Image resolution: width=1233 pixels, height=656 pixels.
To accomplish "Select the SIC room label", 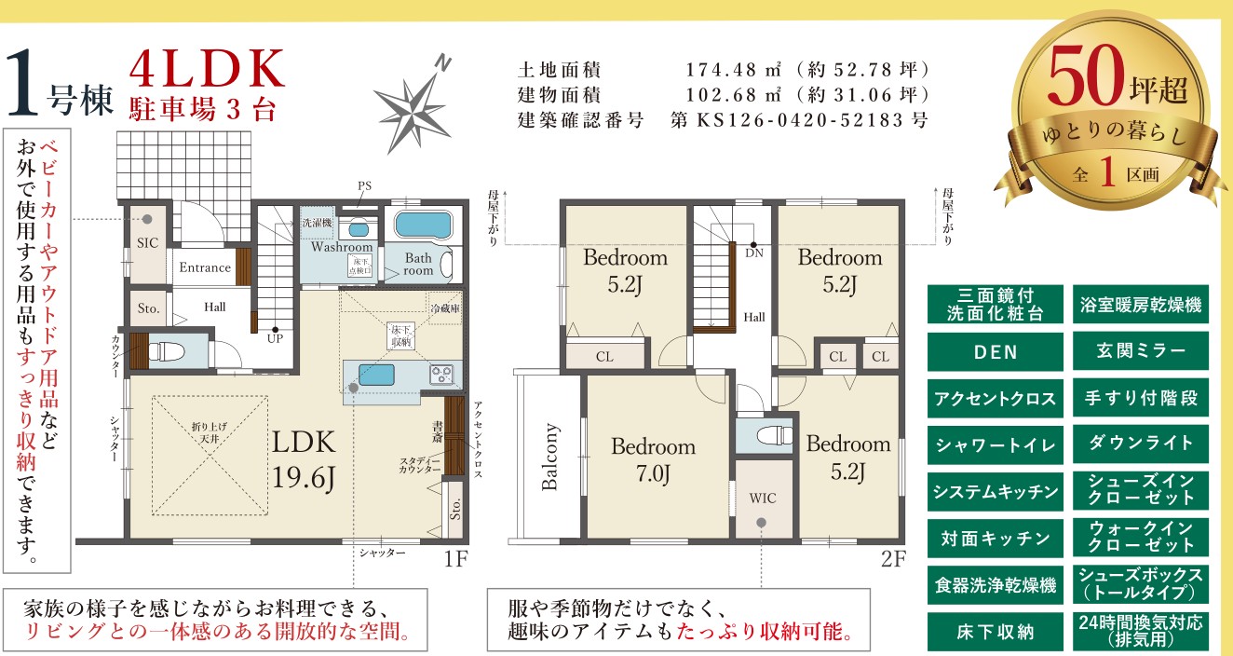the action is click(147, 243).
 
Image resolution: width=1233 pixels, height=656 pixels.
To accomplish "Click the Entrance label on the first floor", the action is click(205, 267).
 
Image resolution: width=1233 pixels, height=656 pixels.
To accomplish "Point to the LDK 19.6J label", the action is click(304, 460).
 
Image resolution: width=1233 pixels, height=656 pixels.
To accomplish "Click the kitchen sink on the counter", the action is click(376, 376).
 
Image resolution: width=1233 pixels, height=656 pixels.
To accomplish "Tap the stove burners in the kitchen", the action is click(441, 375).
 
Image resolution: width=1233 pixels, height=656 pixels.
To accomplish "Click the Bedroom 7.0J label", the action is click(654, 460).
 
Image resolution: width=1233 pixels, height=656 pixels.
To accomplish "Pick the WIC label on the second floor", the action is click(763, 499).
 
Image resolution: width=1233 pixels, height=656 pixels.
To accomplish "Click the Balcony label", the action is click(549, 457).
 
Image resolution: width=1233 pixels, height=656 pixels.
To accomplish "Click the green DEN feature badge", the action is click(996, 352).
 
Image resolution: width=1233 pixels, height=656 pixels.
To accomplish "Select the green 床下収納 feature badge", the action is click(996, 632).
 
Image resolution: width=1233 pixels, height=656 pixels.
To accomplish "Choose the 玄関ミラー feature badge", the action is click(1141, 351).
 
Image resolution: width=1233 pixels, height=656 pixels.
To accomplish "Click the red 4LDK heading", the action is click(208, 69).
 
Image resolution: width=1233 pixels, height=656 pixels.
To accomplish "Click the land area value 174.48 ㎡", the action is click(733, 70).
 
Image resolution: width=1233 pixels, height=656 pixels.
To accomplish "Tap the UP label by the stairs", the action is click(276, 338).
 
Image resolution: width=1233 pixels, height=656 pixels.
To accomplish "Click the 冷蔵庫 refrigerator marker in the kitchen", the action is click(445, 308).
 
